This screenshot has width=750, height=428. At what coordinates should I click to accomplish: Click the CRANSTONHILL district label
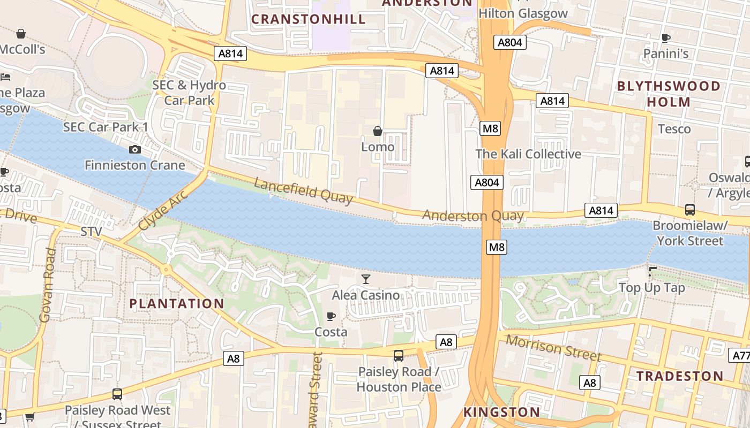(309, 19)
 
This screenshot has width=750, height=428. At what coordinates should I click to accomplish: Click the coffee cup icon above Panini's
(665, 38)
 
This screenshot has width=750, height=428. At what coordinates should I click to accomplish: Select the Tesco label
(674, 129)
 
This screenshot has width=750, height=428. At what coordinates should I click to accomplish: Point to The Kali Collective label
(528, 154)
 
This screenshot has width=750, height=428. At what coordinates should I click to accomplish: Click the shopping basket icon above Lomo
(378, 131)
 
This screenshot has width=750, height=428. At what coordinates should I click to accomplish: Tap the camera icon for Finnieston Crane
(135, 149)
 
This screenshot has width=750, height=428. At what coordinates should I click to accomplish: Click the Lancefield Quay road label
(303, 191)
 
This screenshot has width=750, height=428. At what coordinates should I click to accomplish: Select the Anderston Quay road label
(473, 216)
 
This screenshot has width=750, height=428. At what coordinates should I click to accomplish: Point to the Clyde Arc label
(163, 210)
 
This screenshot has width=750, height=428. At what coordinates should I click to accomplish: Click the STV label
(91, 232)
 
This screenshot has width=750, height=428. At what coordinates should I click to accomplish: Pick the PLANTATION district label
(177, 304)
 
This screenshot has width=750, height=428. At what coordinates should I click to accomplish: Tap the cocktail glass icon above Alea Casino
(366, 279)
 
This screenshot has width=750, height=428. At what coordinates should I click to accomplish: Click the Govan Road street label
(48, 285)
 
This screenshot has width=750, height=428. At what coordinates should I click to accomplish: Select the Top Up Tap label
(651, 288)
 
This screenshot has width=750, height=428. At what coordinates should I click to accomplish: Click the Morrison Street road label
(553, 348)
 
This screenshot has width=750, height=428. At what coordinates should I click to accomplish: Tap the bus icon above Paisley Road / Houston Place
(399, 355)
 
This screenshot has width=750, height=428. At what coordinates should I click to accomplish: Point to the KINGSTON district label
(501, 412)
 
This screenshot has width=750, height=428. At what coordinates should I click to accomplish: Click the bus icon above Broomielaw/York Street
(690, 210)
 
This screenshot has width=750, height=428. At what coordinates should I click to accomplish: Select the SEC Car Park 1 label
(106, 127)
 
